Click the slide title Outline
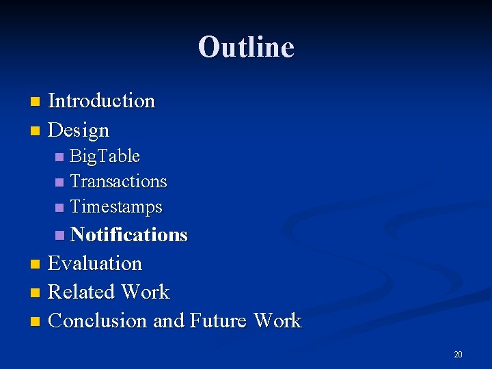click(246, 47)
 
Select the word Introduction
click(102, 101)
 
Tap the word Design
click(79, 130)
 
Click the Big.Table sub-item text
click(105, 156)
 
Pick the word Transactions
click(118, 182)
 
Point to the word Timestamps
click(116, 206)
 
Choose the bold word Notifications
click(128, 235)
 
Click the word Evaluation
click(95, 263)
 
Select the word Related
click(82, 292)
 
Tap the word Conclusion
click(98, 320)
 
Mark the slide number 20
click(458, 354)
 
